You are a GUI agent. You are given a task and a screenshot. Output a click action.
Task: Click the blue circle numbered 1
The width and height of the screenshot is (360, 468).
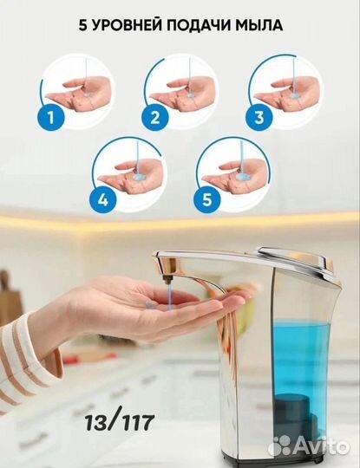[x=51, y=117]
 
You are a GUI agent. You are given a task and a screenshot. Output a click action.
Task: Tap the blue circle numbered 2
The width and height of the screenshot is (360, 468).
[x=154, y=117]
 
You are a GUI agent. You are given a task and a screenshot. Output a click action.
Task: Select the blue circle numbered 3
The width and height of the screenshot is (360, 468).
[x=259, y=117]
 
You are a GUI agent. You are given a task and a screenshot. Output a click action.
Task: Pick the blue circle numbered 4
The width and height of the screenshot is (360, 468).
[x=102, y=199]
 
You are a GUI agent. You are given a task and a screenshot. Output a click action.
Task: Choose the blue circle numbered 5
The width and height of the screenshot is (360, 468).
[x=206, y=199]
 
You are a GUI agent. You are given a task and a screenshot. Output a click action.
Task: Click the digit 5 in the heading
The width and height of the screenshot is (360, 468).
[x=82, y=26]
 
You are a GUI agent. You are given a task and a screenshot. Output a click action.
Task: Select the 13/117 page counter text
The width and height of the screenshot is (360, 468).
[x=120, y=422]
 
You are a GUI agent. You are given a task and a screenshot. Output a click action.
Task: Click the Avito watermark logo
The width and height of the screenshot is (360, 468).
[x=309, y=446]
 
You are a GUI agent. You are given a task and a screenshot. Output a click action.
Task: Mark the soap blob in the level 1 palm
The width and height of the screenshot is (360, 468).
[x=87, y=95]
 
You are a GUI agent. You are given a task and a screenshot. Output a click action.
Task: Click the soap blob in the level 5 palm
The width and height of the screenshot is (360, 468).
[x=243, y=179]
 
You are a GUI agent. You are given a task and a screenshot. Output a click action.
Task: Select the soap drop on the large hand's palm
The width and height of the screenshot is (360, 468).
[x=149, y=304]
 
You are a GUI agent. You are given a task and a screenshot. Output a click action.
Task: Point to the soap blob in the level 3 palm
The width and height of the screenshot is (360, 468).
[x=295, y=96]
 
